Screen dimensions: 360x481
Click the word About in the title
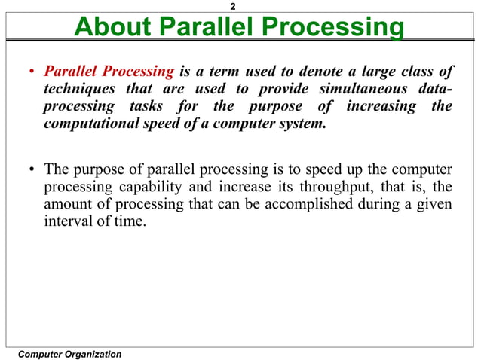tap(112, 28)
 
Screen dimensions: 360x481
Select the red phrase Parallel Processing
tap(109, 72)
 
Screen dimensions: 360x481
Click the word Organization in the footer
tap(92, 354)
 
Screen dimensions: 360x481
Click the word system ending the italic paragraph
tap(304, 124)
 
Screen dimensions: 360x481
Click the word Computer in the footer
tap(40, 354)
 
